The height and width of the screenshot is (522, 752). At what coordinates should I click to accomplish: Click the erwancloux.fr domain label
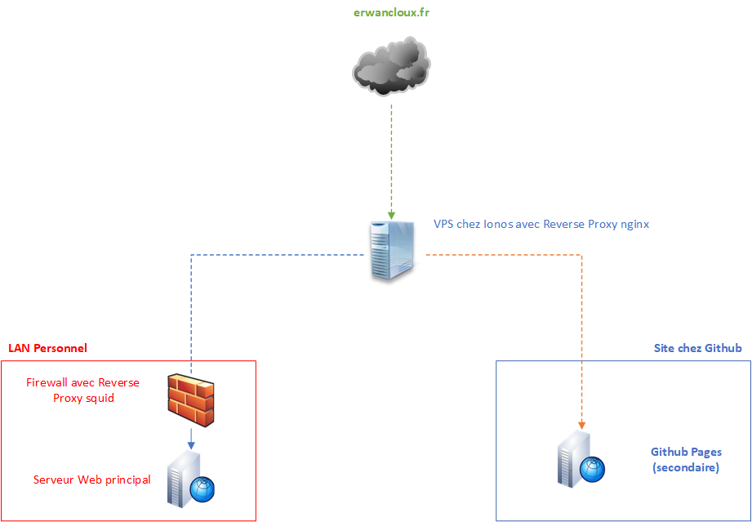(x=392, y=13)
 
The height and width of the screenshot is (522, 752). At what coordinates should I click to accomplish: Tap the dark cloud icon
(x=392, y=68)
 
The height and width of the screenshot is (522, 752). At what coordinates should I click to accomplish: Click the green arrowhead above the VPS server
(x=392, y=215)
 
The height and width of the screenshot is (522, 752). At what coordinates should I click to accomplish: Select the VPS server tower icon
(x=392, y=249)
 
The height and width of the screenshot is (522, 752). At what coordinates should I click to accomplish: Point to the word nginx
(x=633, y=224)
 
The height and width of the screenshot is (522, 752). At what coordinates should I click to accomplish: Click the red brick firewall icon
(x=192, y=400)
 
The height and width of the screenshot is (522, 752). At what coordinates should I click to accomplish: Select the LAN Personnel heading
(x=47, y=348)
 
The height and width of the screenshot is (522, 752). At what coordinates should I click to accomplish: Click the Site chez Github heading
(x=697, y=348)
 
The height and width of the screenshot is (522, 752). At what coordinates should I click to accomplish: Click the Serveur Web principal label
(x=91, y=480)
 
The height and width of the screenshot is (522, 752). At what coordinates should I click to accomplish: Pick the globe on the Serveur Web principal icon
(x=202, y=489)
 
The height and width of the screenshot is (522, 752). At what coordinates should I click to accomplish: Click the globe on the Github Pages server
(x=593, y=469)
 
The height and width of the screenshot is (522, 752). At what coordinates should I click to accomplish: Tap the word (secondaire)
(x=686, y=468)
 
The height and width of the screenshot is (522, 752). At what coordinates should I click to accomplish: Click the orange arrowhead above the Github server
(x=582, y=425)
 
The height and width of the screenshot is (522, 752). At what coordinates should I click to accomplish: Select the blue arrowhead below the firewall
(x=191, y=444)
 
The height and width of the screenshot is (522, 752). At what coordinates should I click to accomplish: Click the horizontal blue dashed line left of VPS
(x=278, y=255)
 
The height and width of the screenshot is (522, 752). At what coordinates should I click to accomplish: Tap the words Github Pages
(x=686, y=452)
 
